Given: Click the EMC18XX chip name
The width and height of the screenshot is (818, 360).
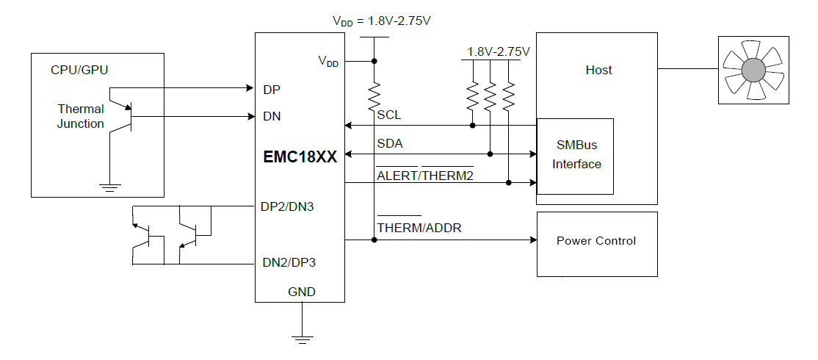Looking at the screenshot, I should coord(300,156).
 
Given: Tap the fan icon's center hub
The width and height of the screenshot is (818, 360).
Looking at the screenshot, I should coord(753,70).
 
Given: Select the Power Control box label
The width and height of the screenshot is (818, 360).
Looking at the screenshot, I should coord(596,241).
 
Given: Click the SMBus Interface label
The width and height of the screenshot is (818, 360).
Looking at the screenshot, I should coord(576,156).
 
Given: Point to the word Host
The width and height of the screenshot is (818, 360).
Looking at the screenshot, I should coord(598,71).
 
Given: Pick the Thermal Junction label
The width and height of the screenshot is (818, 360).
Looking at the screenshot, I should coord(81,116).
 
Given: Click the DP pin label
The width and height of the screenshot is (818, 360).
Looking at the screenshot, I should coord(272,90).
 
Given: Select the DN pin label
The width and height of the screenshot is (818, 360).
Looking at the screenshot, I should coord(272,116).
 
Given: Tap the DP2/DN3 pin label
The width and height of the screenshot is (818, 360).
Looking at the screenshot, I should coord(287,206).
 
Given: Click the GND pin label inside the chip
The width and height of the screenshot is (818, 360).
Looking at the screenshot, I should coord(301,292).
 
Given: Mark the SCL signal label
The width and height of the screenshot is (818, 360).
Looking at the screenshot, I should coord(389,116).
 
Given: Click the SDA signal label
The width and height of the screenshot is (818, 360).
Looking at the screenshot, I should coord(390,144).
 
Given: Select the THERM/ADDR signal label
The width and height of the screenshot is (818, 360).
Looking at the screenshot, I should coord(419,228).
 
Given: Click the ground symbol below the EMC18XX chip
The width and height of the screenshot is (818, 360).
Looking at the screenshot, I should coord(300,338).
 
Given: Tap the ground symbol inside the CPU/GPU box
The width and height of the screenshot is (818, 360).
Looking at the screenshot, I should coord(110,187).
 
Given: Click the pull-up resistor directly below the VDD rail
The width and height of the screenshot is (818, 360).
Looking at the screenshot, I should coord(374,95).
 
